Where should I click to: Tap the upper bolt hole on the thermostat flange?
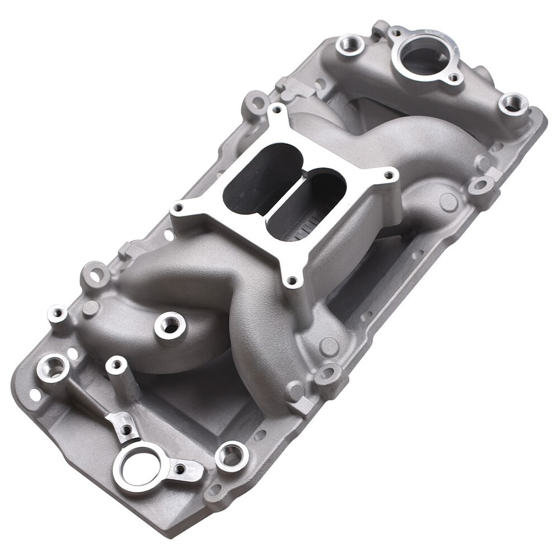[x=398, y=31]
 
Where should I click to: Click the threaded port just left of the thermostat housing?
[x=351, y=44]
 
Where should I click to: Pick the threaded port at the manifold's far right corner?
[x=513, y=104]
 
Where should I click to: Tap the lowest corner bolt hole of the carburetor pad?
[x=292, y=281]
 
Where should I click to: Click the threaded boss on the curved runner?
[x=170, y=326]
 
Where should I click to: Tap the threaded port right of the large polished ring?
[x=231, y=456]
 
